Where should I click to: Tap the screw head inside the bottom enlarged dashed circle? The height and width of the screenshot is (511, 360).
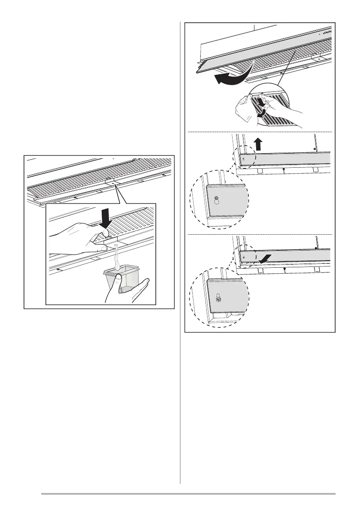tap(218, 300)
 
